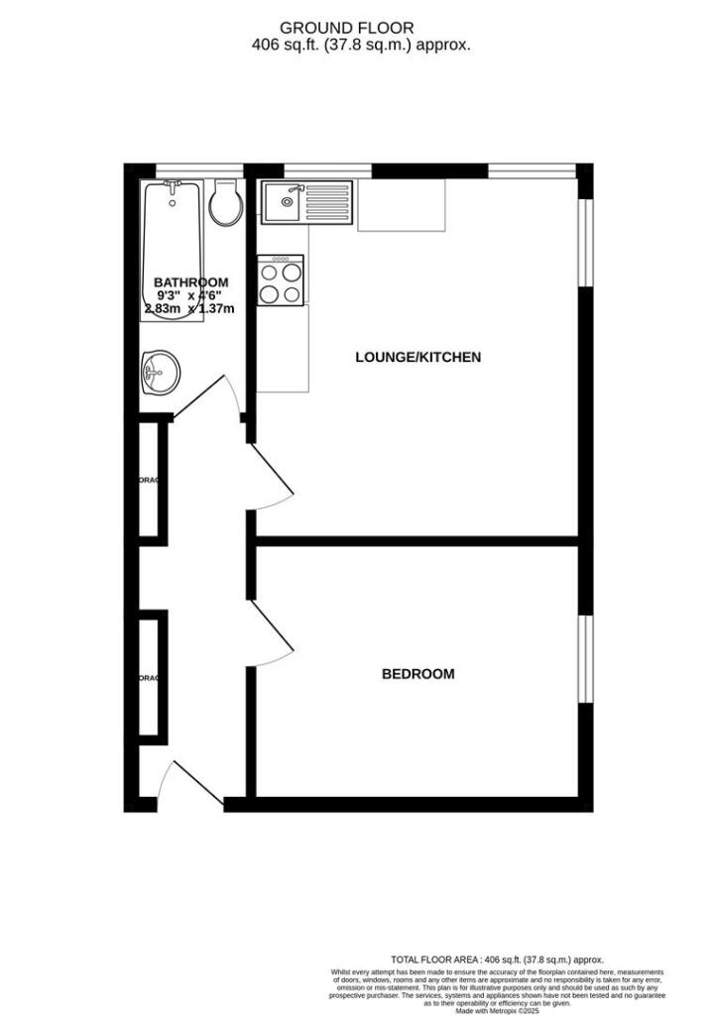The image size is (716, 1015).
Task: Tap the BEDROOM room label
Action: pos(418,674)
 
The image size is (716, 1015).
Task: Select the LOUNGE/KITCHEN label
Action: pos(418,357)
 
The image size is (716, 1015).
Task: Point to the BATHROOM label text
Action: pos(191,282)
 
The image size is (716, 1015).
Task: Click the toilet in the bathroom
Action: pos(226,204)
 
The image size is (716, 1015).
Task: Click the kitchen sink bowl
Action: pos(284,205)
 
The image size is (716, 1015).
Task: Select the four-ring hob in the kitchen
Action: pos(281,281)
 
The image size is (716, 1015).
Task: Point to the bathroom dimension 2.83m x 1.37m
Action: pos(189,308)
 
